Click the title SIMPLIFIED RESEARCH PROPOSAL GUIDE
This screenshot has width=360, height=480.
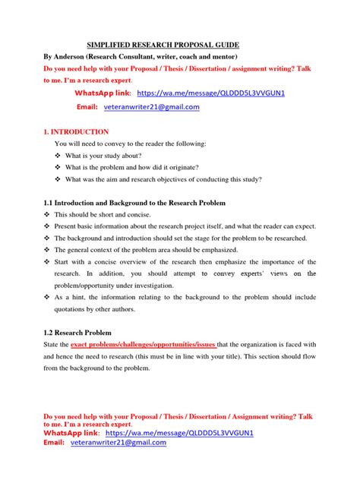coord(163,45)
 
